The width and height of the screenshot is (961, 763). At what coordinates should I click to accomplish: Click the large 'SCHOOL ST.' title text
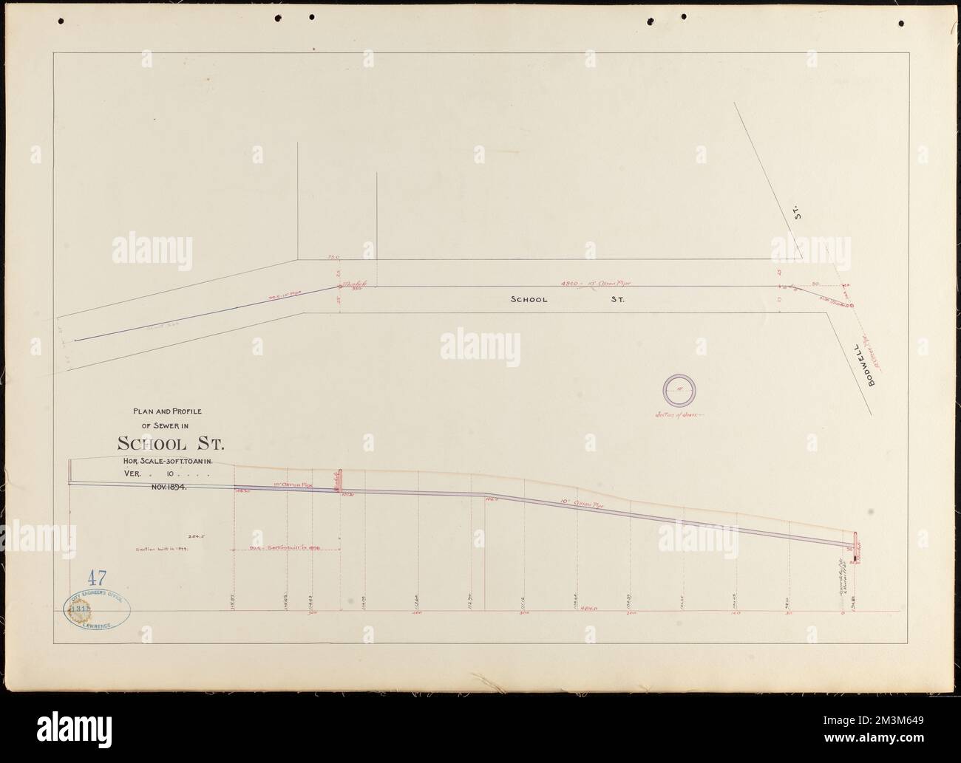pyautogui.click(x=169, y=444)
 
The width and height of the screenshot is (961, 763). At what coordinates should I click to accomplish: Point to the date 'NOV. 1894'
pyautogui.click(x=169, y=487)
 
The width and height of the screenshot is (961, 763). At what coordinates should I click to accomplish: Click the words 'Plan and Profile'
pyautogui.click(x=170, y=411)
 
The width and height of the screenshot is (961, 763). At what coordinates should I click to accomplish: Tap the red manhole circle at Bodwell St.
pyautogui.click(x=852, y=304)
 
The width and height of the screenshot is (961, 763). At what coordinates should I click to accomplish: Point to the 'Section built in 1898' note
pyautogui.click(x=285, y=549)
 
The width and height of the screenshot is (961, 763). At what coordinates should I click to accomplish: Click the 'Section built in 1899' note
pyautogui.click(x=158, y=549)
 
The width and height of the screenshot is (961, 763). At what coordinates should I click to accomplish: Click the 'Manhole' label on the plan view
pyautogui.click(x=361, y=284)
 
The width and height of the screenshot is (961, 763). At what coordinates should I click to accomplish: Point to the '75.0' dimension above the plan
pyautogui.click(x=332, y=258)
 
